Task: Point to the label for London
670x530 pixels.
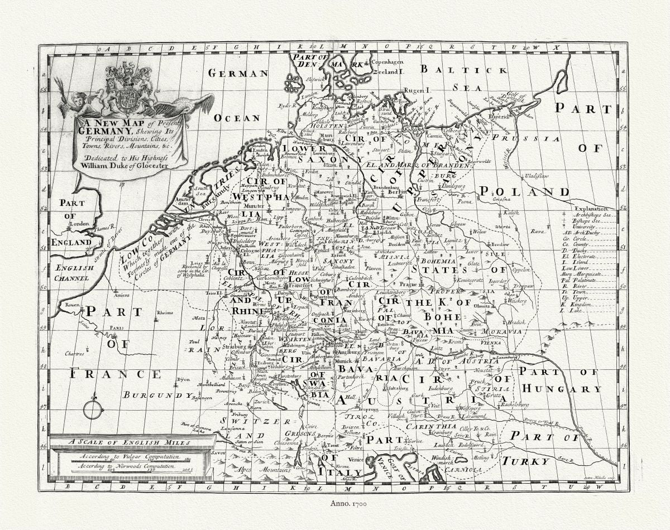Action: (79, 224)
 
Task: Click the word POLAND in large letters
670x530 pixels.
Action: (523, 192)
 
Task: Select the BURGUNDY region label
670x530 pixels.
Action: (157, 395)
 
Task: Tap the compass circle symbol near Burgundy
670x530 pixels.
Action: (93, 409)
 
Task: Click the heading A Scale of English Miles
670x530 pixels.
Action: (130, 442)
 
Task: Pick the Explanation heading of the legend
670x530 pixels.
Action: (590, 208)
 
